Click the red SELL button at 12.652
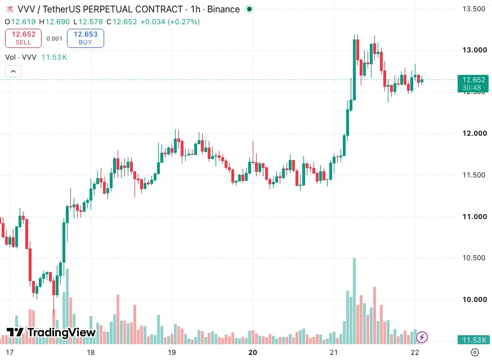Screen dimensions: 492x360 [x=23, y=38]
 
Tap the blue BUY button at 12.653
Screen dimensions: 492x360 [x=86, y=38]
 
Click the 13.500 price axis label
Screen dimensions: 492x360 [x=474, y=9]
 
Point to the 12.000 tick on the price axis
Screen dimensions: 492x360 [x=475, y=133]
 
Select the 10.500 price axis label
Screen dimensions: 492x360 [x=474, y=258]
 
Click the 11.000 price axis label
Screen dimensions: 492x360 [x=475, y=216]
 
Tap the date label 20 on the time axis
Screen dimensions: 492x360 [x=253, y=353]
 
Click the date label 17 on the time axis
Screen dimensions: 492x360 [x=10, y=353]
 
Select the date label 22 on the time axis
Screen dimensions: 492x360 [x=414, y=353]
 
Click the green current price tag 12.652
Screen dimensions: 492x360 [x=473, y=83]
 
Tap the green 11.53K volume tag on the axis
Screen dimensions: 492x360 [x=473, y=340]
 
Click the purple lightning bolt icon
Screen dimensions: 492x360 [x=422, y=337]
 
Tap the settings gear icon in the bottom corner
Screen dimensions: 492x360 [x=475, y=353]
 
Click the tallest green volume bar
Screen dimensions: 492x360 [x=354, y=301]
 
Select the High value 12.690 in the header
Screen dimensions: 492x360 [x=57, y=21]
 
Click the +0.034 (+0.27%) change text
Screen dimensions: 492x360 [x=170, y=21]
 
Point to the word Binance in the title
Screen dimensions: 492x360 [x=223, y=9]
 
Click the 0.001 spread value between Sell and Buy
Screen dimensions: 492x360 [x=54, y=38]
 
